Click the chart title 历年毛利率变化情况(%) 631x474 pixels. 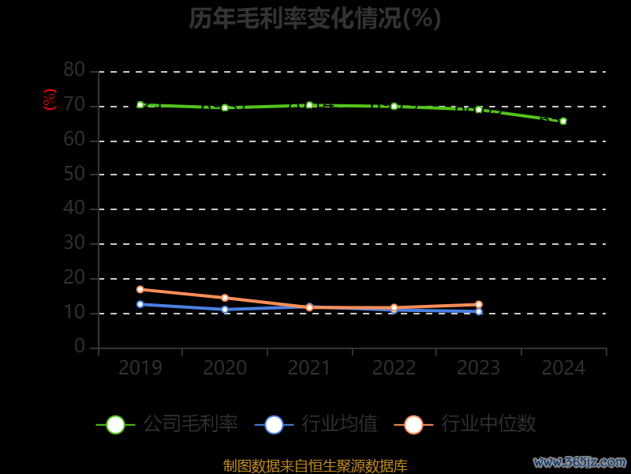click(x=315, y=18)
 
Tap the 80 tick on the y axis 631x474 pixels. click(x=74, y=70)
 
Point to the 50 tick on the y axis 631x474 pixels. click(x=74, y=174)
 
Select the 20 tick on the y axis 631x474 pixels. click(x=74, y=277)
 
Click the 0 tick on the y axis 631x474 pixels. click(x=80, y=347)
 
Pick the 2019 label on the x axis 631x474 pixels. click(x=140, y=368)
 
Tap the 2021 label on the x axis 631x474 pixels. click(x=309, y=368)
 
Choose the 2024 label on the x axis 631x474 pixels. click(x=563, y=368)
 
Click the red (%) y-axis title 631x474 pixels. click(x=50, y=100)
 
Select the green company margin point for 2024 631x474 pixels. click(x=563, y=121)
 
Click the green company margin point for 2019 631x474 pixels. click(x=140, y=104)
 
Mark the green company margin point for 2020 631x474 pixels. click(x=225, y=107)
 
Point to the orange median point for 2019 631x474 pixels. click(x=140, y=289)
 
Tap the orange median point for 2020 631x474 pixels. click(x=225, y=298)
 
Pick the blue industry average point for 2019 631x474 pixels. click(x=140, y=304)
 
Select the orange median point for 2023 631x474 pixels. click(x=479, y=304)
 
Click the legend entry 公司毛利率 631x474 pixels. click(x=167, y=424)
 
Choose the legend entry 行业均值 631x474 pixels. click(x=316, y=424)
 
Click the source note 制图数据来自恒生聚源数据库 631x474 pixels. click(x=315, y=465)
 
